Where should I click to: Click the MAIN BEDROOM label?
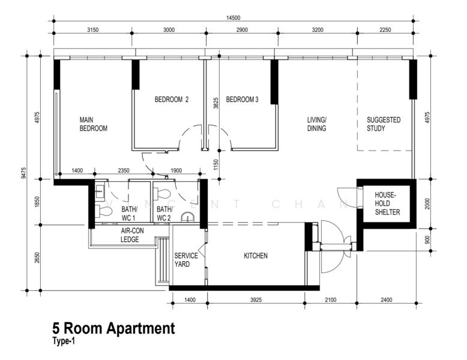click(93, 124)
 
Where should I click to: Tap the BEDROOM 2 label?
click(171, 100)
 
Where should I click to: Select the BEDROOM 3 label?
click(242, 100)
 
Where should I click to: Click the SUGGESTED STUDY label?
click(383, 124)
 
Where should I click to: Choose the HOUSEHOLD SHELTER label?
click(387, 204)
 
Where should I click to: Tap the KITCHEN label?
click(255, 256)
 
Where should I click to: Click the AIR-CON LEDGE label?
click(130, 235)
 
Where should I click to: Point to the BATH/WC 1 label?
click(130, 213)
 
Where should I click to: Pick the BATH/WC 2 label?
click(164, 213)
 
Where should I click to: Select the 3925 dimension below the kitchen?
click(256, 299)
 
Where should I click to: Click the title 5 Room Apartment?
click(113, 328)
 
